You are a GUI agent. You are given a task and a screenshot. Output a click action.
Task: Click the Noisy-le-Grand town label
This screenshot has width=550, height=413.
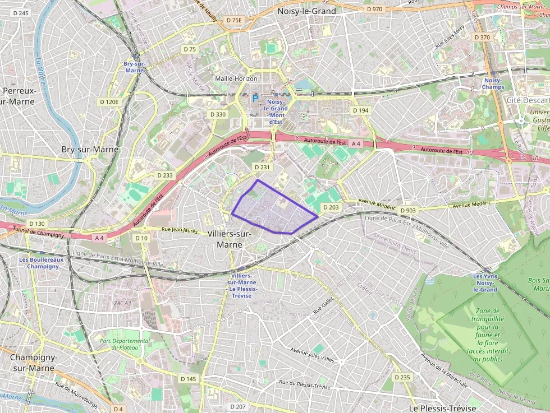pyautogui.click(x=307, y=11)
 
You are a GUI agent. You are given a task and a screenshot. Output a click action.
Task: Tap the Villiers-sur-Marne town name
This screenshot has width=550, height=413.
pyautogui.click(x=232, y=239)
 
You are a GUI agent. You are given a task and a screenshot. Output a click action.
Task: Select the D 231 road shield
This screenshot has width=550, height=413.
pyautogui.click(x=262, y=167)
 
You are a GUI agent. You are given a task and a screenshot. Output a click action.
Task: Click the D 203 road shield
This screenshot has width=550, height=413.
pyautogui.click(x=331, y=207)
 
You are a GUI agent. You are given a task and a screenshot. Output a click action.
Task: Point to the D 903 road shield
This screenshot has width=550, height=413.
pyautogui.click(x=409, y=211)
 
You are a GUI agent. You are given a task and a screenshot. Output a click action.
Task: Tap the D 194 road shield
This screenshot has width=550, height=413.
pyautogui.click(x=360, y=110)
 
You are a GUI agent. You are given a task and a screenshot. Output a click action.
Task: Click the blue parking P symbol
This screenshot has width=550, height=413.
pyautogui.click(x=255, y=99)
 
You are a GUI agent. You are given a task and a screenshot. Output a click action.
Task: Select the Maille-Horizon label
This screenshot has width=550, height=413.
pyautogui.click(x=236, y=79)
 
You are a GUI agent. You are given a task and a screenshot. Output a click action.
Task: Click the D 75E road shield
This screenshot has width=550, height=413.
pyautogui.click(x=233, y=20)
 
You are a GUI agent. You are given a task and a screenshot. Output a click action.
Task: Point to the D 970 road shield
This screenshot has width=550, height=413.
pyautogui.click(x=374, y=9)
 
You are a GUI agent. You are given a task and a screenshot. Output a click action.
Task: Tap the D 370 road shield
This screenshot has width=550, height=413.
pyautogui.click(x=482, y=37)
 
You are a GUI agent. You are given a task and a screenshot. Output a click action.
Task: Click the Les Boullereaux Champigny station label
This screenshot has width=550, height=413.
pyautogui.click(x=41, y=263)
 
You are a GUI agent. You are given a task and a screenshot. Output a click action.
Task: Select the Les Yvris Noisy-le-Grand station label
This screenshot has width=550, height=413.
pyautogui.click(x=485, y=283)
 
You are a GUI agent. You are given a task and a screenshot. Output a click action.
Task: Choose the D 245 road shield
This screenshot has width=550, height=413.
pyautogui.click(x=20, y=13)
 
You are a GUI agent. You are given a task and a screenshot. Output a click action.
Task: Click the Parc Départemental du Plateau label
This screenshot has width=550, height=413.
pyautogui.click(x=125, y=344)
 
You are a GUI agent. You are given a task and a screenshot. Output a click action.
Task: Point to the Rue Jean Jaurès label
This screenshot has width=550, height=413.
pyautogui.click(x=180, y=229)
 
